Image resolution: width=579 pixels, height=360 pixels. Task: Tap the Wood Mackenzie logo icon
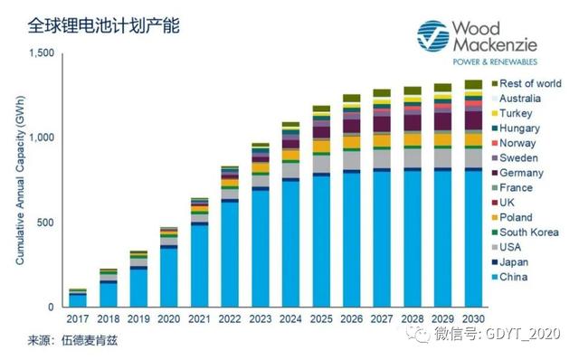pyautogui.click(x=432, y=35)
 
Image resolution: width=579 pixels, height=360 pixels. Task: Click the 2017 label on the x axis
pyautogui.click(x=78, y=318)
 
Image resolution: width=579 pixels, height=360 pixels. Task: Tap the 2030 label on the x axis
pyautogui.click(x=472, y=318)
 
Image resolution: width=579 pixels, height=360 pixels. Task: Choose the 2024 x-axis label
pyautogui.click(x=290, y=318)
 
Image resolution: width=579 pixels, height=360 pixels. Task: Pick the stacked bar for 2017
pyautogui.click(x=78, y=298)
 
